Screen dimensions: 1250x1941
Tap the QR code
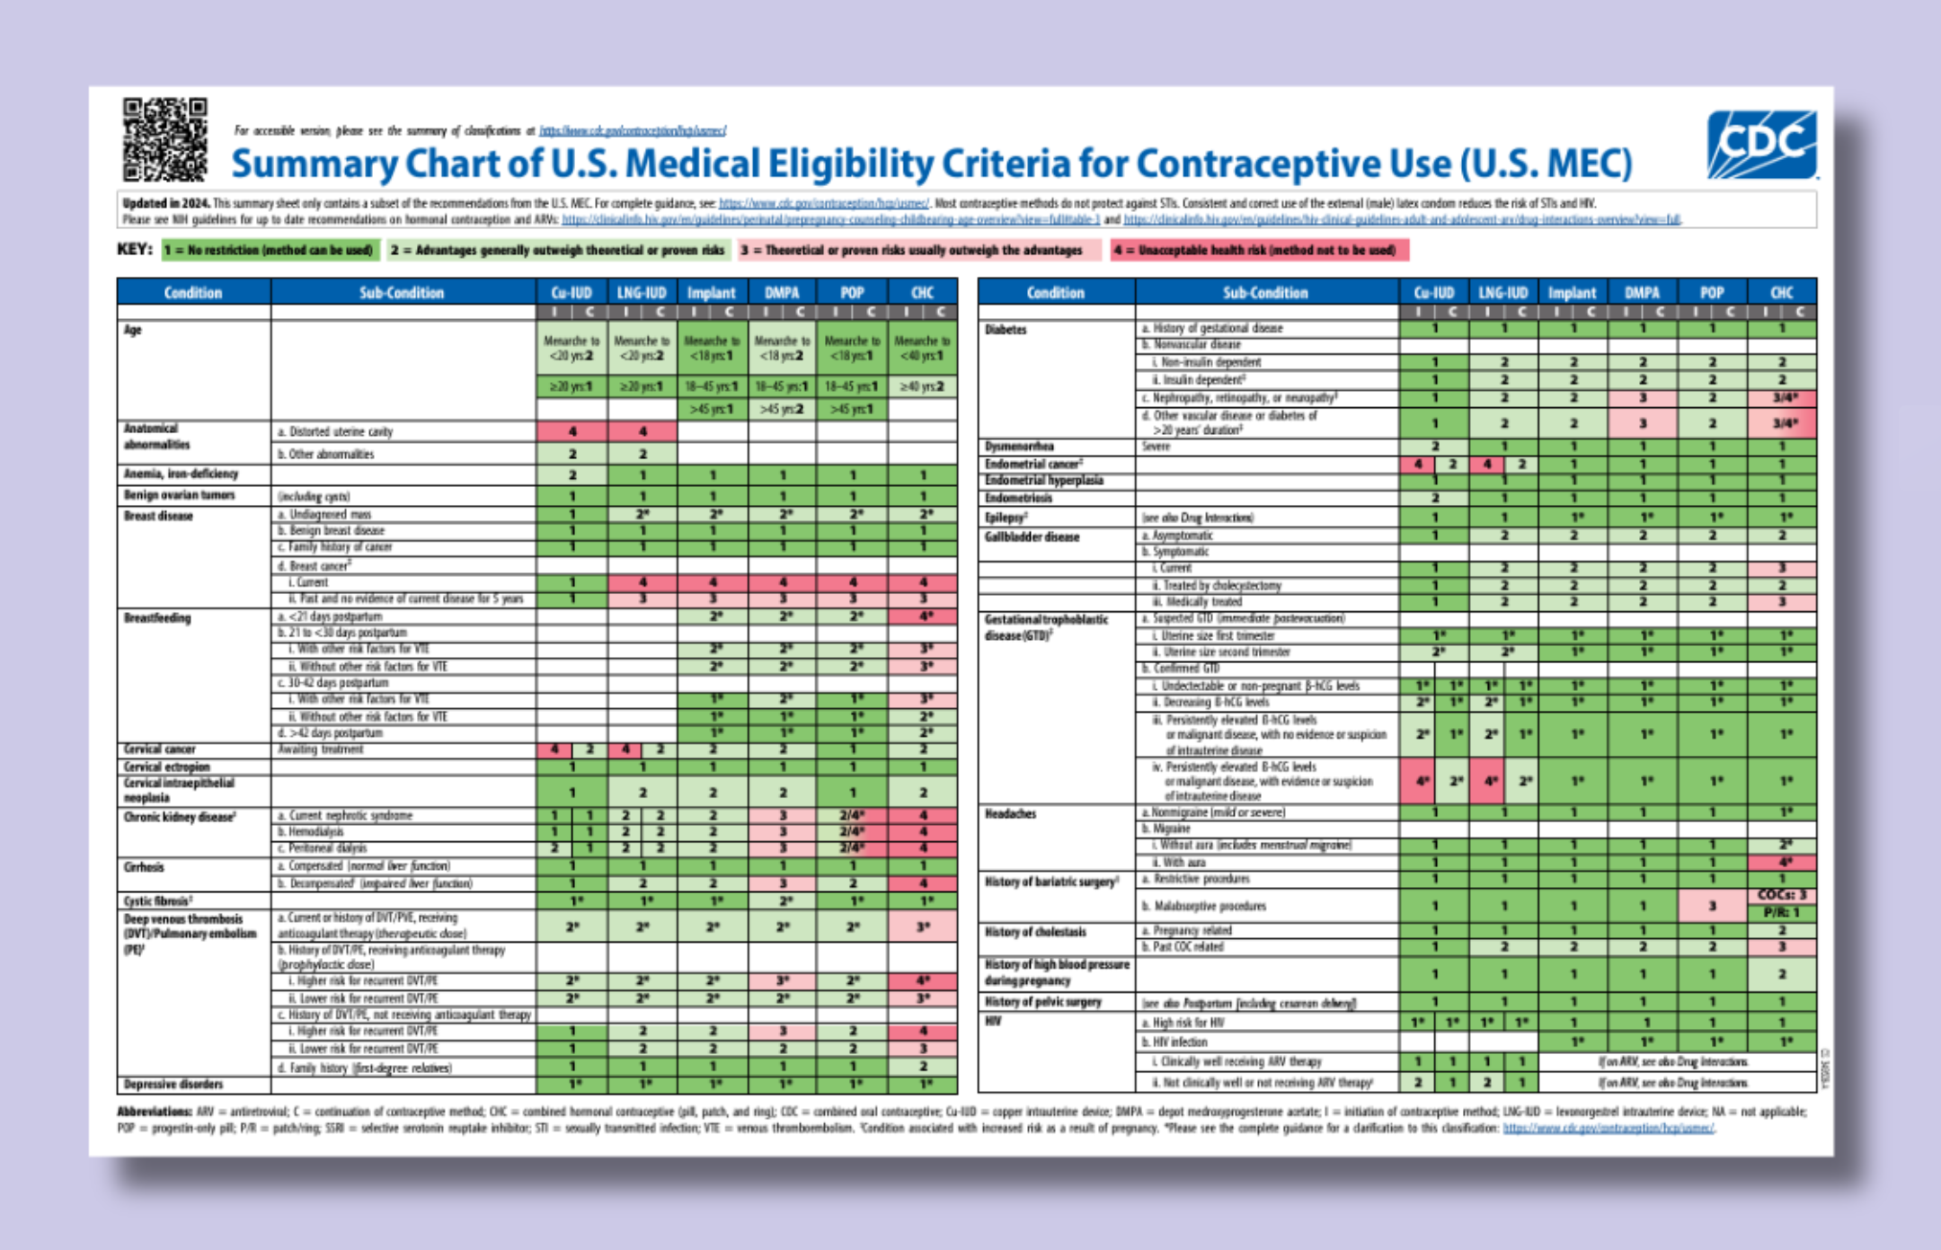click(165, 139)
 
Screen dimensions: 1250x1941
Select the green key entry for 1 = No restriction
click(270, 250)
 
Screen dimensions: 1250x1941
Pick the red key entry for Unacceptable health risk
click(1259, 251)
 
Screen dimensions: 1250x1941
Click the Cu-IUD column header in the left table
click(572, 292)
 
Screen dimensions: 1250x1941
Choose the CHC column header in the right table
click(1781, 292)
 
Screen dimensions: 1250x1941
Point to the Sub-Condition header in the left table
click(401, 292)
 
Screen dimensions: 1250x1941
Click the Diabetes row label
click(1006, 330)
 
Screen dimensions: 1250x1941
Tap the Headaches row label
click(1011, 813)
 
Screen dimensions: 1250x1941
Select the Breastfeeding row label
click(157, 618)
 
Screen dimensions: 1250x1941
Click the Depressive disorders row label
click(173, 1084)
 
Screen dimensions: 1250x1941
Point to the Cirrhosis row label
click(144, 867)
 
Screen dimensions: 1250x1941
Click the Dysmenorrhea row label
click(1019, 446)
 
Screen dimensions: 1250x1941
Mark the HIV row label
click(993, 1022)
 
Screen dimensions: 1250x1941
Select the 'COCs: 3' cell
click(1781, 896)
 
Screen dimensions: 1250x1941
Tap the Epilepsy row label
click(1006, 518)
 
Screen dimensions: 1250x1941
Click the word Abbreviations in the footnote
click(154, 1112)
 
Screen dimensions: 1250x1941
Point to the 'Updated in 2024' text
click(165, 204)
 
